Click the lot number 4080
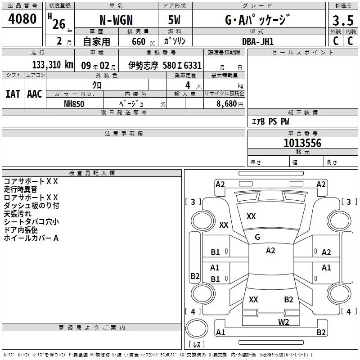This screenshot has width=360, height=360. pos(22,19)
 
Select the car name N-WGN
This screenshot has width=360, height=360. pos(116,21)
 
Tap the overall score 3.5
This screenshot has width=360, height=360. pos(342,21)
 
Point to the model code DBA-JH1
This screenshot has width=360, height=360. pos(258,41)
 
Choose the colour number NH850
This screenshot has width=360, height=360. pos(74,103)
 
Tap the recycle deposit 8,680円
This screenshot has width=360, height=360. pos(229,103)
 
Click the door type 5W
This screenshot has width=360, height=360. pos(175,21)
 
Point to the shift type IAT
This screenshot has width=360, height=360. pos(13,94)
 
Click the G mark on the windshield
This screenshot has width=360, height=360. pos(257,237)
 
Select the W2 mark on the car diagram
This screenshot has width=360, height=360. pos(283,321)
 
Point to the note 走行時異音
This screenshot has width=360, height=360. pos(20,189)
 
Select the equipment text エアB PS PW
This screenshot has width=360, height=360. pos(270,121)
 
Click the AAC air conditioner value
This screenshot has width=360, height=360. pos(35,94)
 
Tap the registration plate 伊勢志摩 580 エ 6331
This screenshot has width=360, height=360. pos(165,65)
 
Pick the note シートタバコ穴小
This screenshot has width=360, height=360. pos(31,222)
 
